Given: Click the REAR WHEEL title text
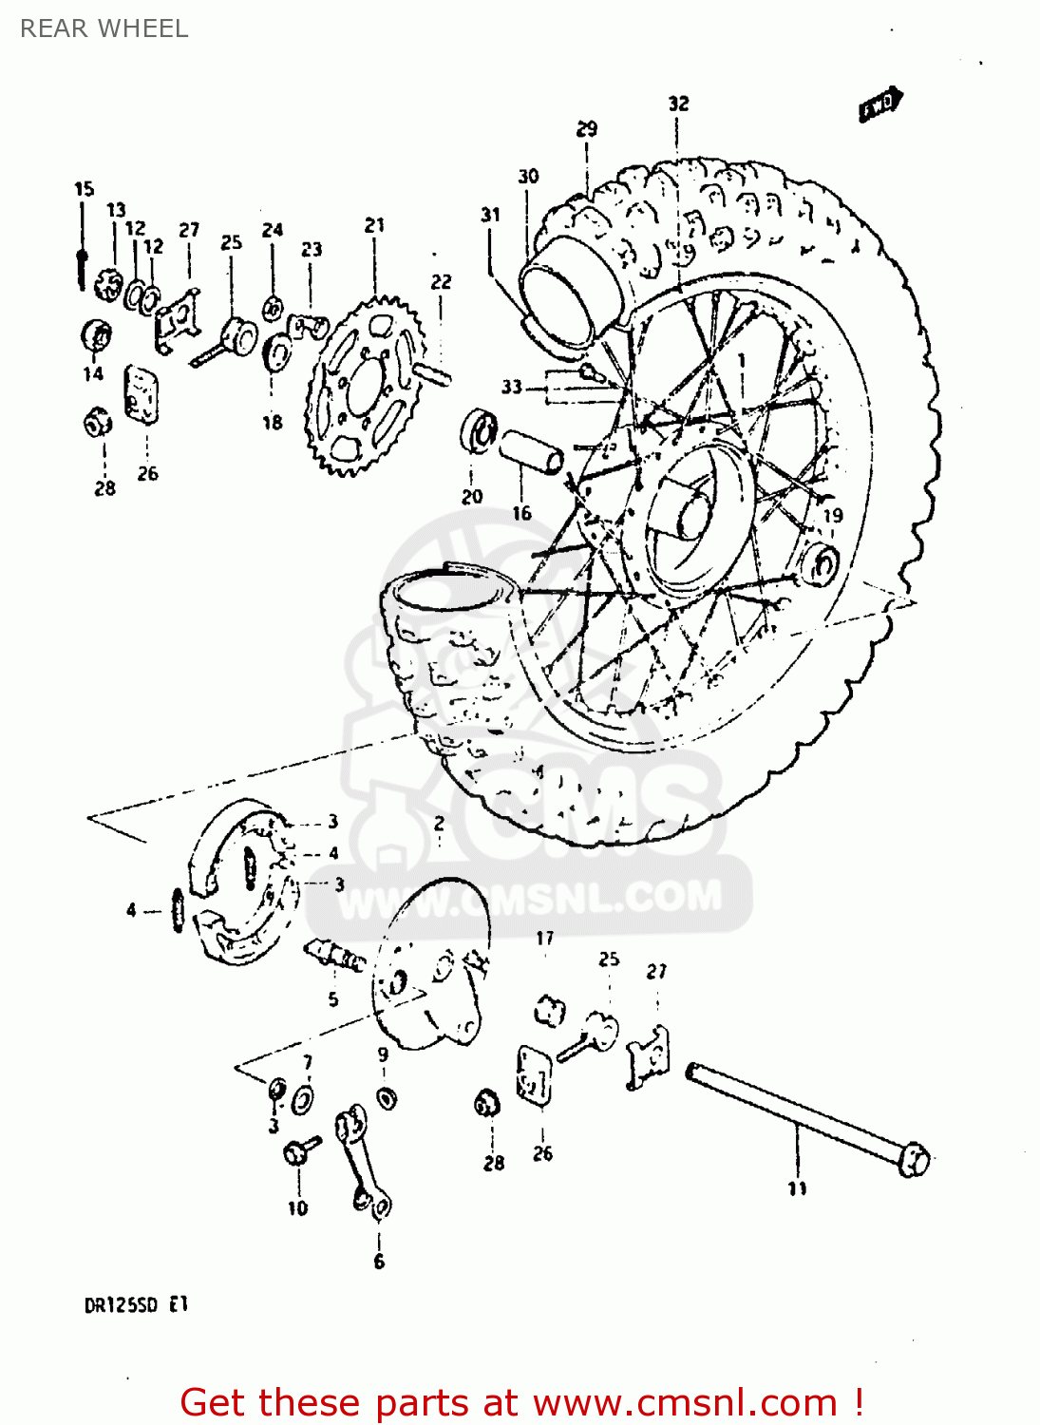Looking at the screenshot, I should tap(104, 28).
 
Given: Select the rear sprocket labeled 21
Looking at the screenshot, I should tap(365, 385).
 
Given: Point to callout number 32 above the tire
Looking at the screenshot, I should tap(677, 104).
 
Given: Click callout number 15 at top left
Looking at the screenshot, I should tap(84, 189).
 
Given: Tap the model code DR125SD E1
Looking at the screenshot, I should tap(137, 1305).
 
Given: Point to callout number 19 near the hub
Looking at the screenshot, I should tap(832, 516).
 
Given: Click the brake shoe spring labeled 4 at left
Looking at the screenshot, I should tap(176, 909).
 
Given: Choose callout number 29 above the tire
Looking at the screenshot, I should tap(586, 129).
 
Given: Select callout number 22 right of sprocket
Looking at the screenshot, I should tap(441, 282).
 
